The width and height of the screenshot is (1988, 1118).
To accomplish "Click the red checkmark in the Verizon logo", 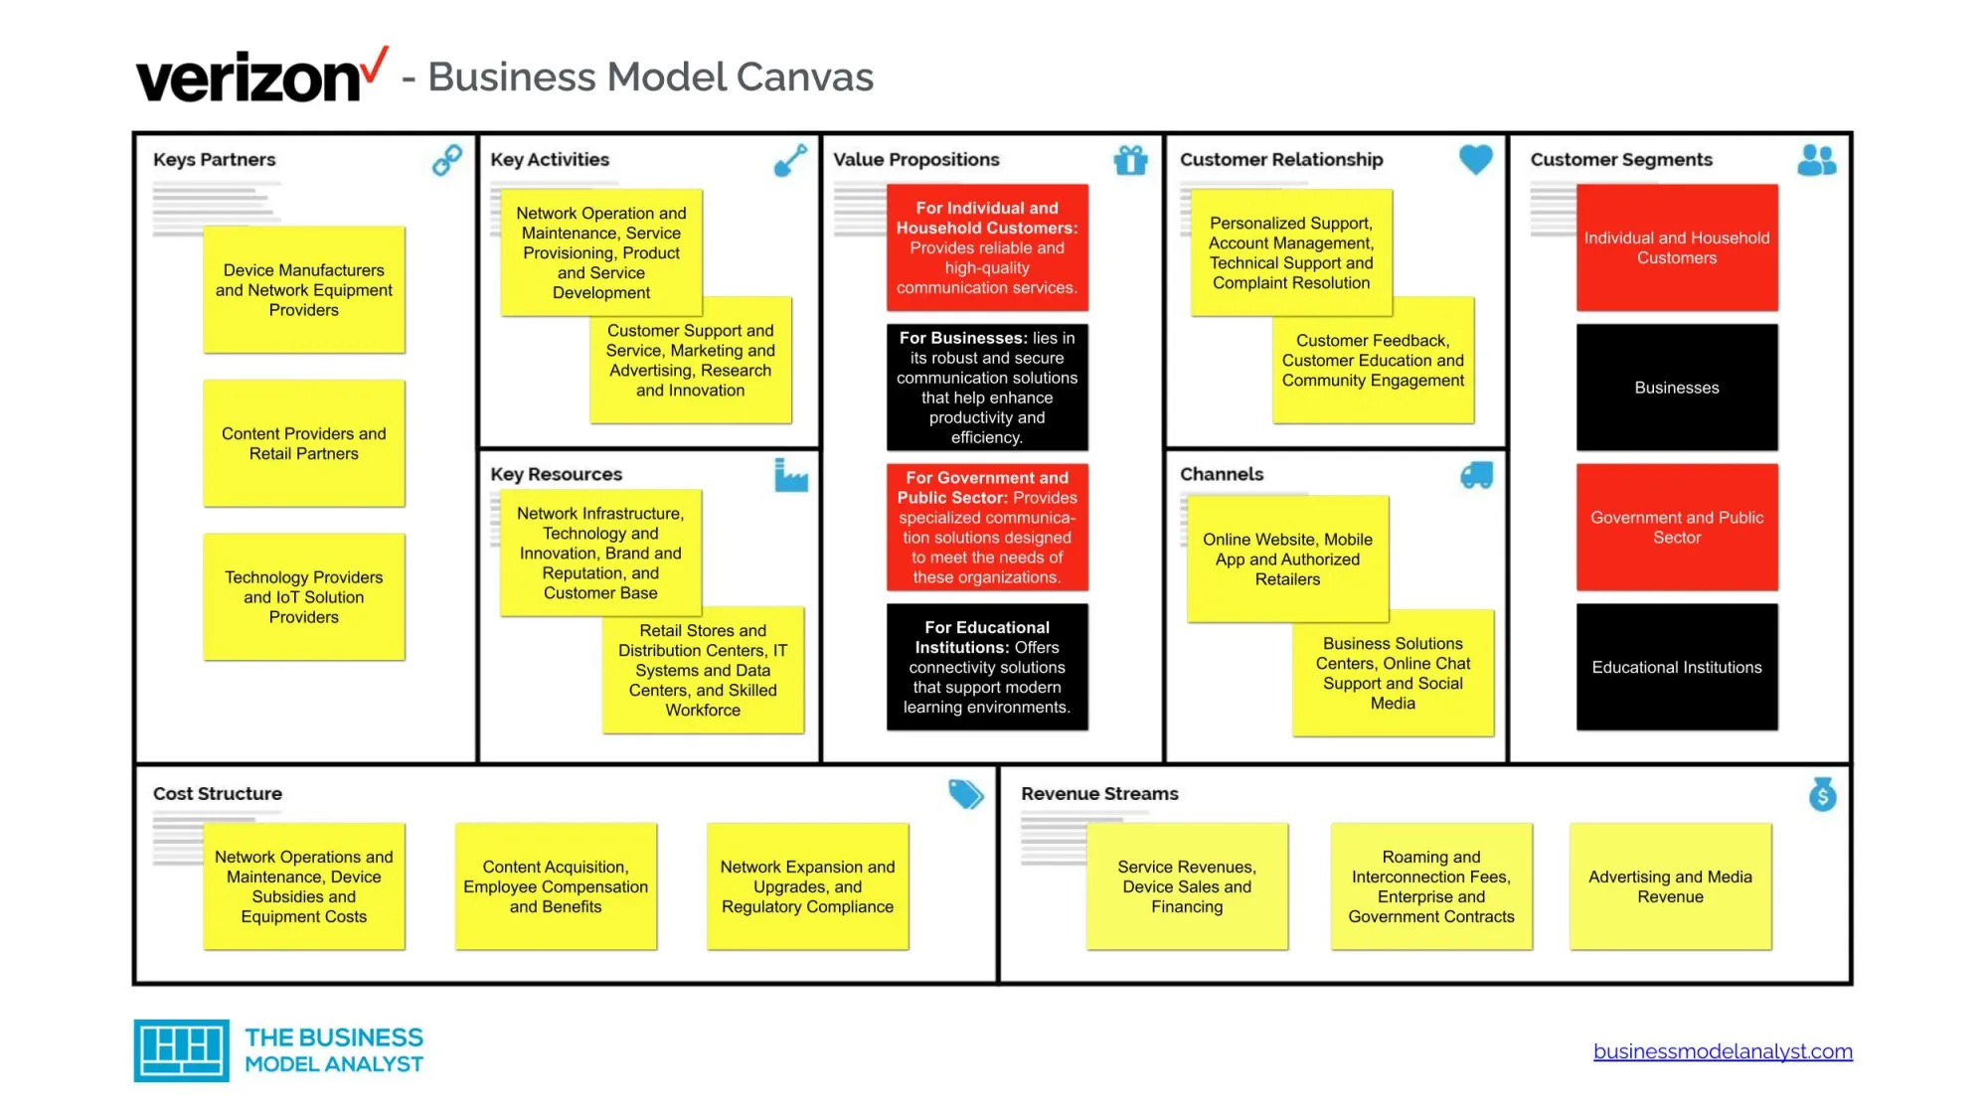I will pyautogui.click(x=374, y=66).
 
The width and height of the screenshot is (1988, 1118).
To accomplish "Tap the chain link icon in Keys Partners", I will pyautogui.click(x=447, y=160).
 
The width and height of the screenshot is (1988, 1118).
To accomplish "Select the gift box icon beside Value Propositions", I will pyautogui.click(x=1130, y=160).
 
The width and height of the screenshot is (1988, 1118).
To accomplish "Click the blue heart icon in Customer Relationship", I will pyautogui.click(x=1475, y=159).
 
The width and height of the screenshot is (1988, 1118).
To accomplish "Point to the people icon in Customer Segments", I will pyautogui.click(x=1816, y=160).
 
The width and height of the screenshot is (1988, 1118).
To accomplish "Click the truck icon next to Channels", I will pyautogui.click(x=1476, y=475).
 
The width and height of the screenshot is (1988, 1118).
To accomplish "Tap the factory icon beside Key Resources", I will pyautogui.click(x=791, y=475).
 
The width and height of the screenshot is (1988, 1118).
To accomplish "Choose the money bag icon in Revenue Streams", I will pyautogui.click(x=1822, y=794).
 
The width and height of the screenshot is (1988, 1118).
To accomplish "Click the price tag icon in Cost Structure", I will pyautogui.click(x=964, y=794).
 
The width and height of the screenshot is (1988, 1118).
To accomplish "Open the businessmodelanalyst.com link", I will pyautogui.click(x=1722, y=1051).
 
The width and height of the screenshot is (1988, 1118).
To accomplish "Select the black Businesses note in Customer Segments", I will pyautogui.click(x=1676, y=388).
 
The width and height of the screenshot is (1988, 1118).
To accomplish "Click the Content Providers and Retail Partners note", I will pyautogui.click(x=303, y=444).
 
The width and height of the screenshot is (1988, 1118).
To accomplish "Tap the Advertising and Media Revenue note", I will pyautogui.click(x=1670, y=886).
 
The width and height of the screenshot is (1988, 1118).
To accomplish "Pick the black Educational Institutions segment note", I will pyautogui.click(x=1676, y=667).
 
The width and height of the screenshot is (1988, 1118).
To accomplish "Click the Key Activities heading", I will pyautogui.click(x=550, y=160).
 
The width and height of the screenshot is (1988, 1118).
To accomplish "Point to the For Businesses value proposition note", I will pyautogui.click(x=986, y=388).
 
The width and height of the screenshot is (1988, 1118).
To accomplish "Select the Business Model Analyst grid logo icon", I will pyautogui.click(x=181, y=1050).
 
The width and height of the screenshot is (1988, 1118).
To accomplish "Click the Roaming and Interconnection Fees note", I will pyautogui.click(x=1430, y=886).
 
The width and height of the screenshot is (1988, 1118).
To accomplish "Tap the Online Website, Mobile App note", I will pyautogui.click(x=1286, y=559).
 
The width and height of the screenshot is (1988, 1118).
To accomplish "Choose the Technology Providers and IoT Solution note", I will pyautogui.click(x=303, y=597).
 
